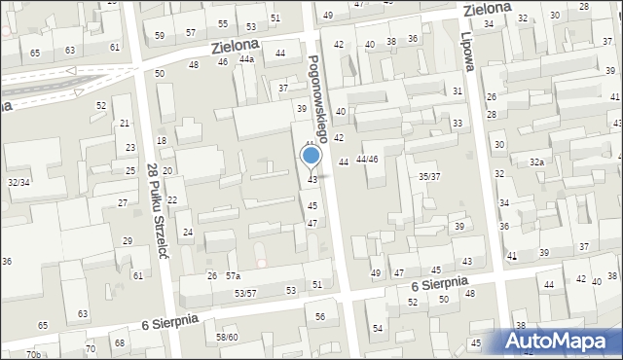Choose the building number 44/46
point(367,159)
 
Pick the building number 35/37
point(429,176)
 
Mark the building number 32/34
point(18,182)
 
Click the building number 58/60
point(228,338)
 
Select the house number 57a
point(234,276)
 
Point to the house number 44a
point(247,59)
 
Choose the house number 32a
point(536,162)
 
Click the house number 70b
point(34,354)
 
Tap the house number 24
point(188,233)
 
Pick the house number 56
point(320,317)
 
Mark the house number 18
point(162,141)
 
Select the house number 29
point(128,240)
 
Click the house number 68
point(119,342)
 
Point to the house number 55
point(223,23)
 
